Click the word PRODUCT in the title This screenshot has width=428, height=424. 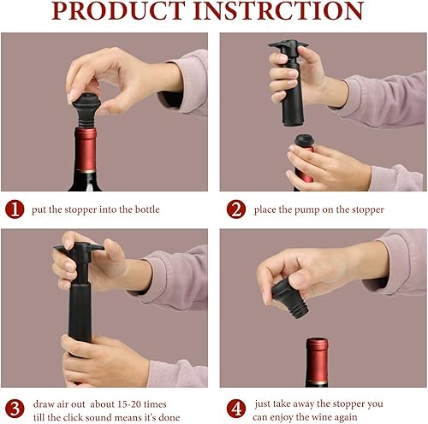tap(118, 10)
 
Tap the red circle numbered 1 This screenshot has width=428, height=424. tap(15, 209)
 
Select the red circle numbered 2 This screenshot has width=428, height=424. tap(236, 209)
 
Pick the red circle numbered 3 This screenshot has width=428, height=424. tap(15, 409)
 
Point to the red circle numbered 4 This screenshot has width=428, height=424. tap(236, 409)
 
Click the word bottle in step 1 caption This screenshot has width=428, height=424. tap(147, 209)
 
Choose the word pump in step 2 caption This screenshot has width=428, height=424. tap(306, 210)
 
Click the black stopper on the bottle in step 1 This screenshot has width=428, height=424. tap(86, 110)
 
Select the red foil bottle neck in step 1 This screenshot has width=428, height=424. tap(86, 150)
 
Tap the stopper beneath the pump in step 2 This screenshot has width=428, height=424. tap(304, 140)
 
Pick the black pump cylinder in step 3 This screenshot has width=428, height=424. tap(80, 314)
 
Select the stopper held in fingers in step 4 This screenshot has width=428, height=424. tap(290, 297)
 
